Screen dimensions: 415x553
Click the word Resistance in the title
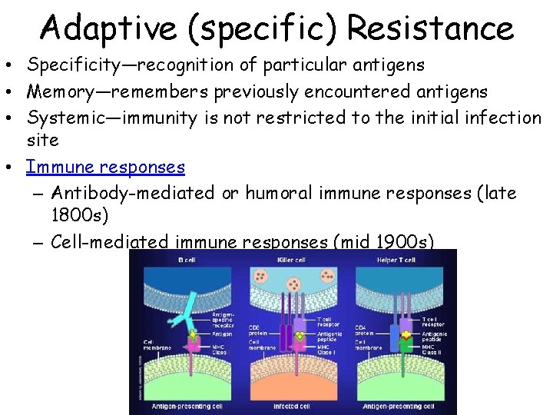430,28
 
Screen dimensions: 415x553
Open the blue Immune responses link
105,167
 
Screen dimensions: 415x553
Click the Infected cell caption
293,406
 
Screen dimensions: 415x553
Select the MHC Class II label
432,350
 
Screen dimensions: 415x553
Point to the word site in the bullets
43,141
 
